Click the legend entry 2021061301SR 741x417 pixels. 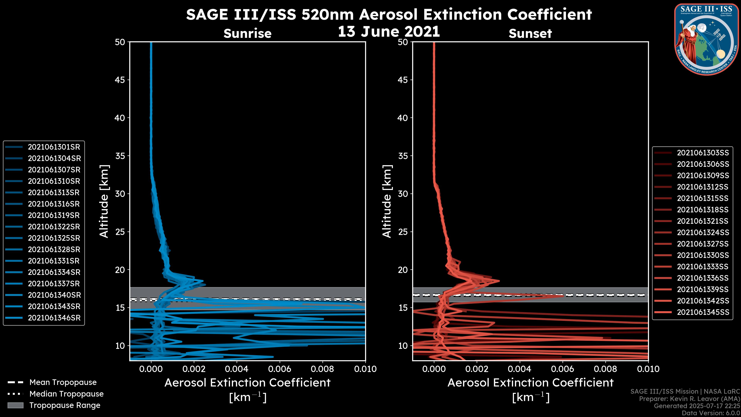(x=54, y=147)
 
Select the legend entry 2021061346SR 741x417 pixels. (x=54, y=318)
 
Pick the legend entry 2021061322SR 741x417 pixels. (x=54, y=227)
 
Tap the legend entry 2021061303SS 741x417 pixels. (x=703, y=153)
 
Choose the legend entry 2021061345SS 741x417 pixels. (x=703, y=312)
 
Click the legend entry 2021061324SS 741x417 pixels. (x=703, y=232)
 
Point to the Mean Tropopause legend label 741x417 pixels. (x=63, y=382)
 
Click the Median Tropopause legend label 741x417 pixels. (x=66, y=394)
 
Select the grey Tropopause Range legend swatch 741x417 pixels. (x=15, y=405)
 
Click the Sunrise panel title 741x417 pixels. (x=247, y=34)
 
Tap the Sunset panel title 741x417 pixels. (x=530, y=34)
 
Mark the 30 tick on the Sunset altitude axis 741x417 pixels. (x=403, y=194)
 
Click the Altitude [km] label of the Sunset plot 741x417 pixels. (x=387, y=201)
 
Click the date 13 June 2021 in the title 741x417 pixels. (x=389, y=32)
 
